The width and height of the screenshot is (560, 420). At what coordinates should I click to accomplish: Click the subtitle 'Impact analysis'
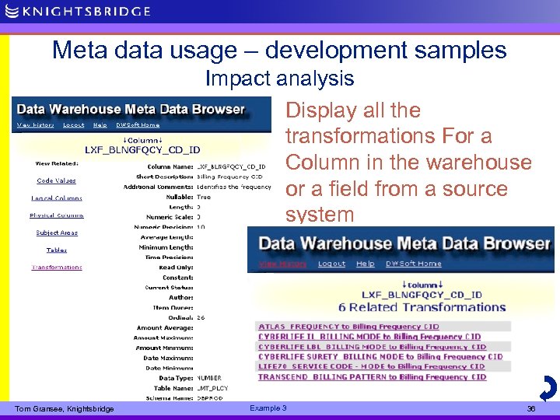pos(279,79)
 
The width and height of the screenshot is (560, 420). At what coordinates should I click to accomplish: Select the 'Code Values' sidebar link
pos(56,180)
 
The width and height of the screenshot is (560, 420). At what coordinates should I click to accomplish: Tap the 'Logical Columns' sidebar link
pos(57,198)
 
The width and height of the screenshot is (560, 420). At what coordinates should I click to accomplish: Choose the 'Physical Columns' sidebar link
pos(57,215)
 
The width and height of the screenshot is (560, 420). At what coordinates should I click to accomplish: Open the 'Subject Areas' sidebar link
pos(57,233)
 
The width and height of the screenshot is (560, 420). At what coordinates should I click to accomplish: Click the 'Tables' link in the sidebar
pos(57,250)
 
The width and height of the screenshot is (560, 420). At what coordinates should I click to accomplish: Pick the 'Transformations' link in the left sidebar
pos(57,268)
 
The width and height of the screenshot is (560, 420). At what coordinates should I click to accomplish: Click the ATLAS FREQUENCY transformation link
pos(348,327)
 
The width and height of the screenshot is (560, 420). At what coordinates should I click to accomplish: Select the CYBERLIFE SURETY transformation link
pos(380,357)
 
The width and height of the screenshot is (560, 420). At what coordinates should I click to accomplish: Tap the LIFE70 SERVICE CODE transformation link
pos(371,367)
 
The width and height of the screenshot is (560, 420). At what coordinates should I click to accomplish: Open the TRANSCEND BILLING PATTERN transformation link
pos(372,377)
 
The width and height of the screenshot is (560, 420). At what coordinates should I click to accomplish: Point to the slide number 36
pos(531,408)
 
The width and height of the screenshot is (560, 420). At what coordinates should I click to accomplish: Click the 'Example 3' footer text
pos(268,408)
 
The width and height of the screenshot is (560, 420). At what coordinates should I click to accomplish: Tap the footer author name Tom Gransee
pos(65,409)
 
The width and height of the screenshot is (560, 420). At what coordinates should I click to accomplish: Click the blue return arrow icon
pos(547,387)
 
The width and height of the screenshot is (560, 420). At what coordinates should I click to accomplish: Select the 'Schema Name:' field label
pos(170,397)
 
